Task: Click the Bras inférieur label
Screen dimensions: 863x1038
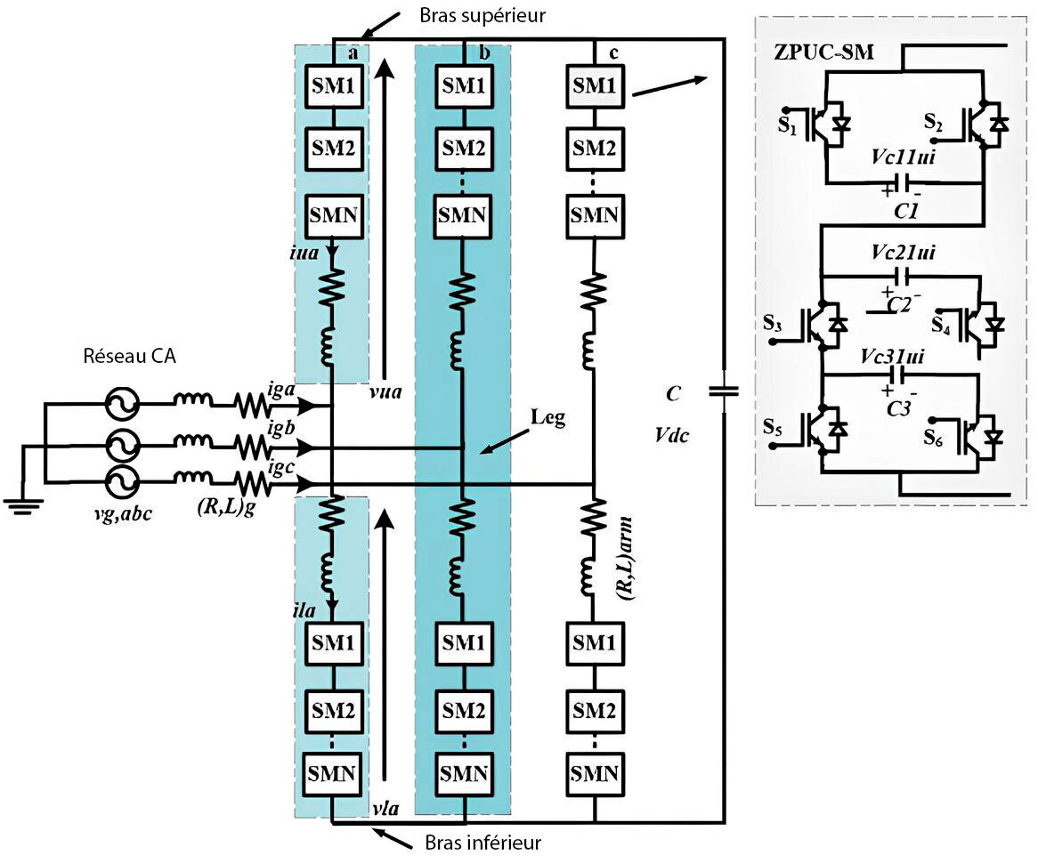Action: (x=476, y=842)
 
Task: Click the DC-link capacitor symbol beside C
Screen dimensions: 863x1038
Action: (x=722, y=391)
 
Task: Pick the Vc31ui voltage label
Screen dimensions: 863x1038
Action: (x=894, y=356)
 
